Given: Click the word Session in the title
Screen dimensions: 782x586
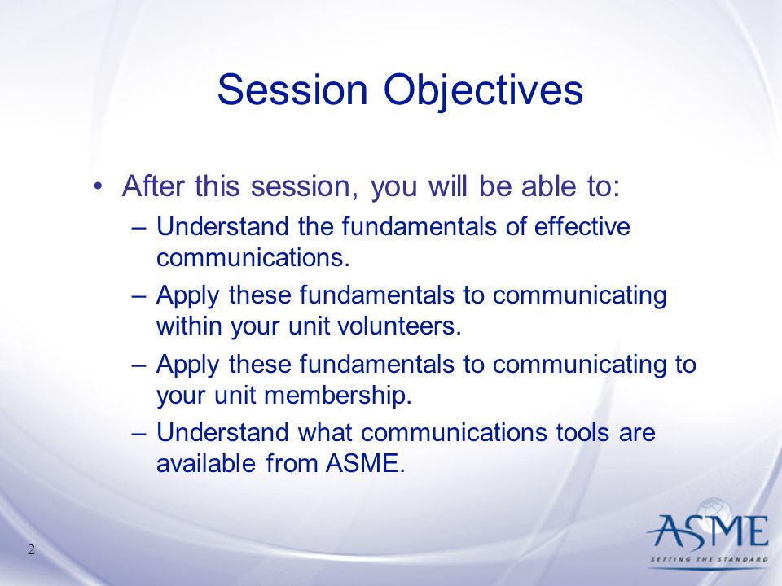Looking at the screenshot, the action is coord(292,90).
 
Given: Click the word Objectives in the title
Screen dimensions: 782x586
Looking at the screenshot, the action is coord(483,93).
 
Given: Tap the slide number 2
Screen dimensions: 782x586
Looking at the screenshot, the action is coord(32,549).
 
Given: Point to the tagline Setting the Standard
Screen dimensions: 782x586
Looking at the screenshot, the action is coord(709,559).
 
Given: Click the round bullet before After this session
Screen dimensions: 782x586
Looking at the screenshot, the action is coord(99,187).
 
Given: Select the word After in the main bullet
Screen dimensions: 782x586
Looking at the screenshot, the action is coord(154,186).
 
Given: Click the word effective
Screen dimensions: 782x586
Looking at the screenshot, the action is coord(582,227).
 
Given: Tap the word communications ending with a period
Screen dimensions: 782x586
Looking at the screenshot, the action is coord(253,258).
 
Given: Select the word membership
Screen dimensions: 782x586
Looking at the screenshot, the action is coord(337,396).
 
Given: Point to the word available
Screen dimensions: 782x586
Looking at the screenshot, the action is coord(206,463).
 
